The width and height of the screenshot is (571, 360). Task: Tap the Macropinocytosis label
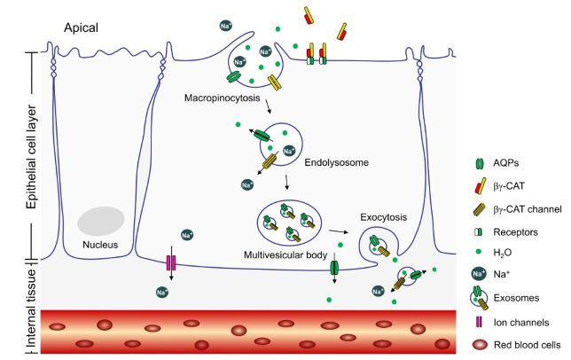coord(222,98)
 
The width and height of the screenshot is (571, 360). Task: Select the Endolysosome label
coord(334,162)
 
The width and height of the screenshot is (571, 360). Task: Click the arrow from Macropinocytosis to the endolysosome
coord(268,110)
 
